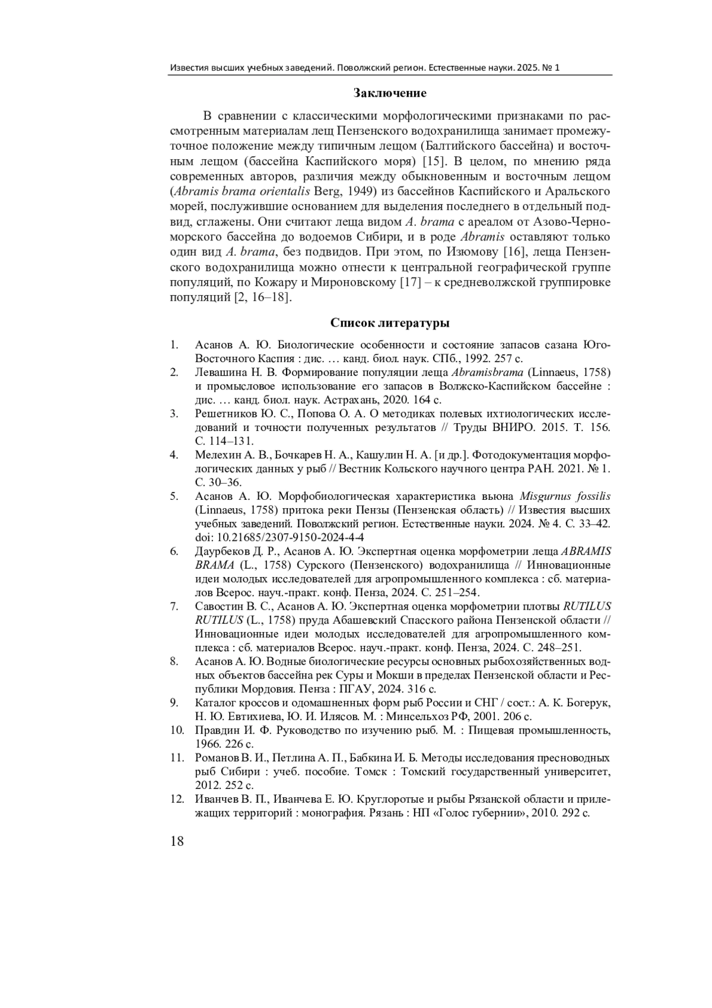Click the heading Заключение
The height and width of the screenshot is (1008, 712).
pos(390,93)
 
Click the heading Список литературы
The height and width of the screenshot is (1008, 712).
pos(390,324)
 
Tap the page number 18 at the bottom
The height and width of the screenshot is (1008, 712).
pos(177,841)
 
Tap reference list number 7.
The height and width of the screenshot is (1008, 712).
pos(174,606)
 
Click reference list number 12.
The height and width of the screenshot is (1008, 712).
pos(177,798)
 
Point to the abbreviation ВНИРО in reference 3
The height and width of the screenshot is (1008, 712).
pos(499,427)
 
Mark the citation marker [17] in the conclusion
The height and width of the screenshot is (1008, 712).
pos(413,282)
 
